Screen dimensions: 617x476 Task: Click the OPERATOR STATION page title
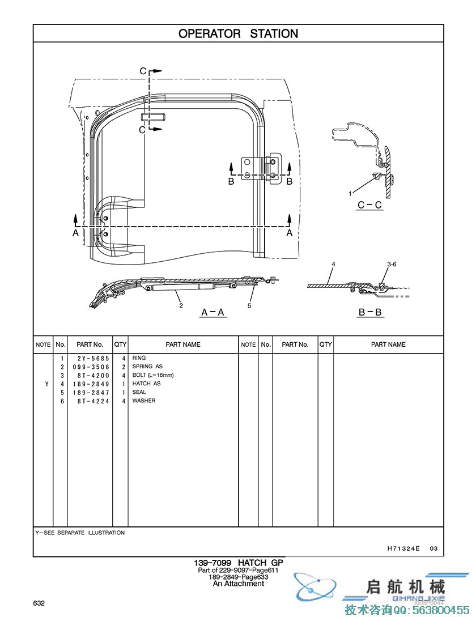point(238,34)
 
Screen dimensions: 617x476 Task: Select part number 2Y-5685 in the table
point(89,358)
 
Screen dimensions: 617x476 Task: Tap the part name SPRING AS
point(147,367)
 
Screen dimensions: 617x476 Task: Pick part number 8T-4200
point(89,375)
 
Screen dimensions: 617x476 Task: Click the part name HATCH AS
point(146,384)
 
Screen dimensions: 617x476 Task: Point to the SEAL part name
point(139,392)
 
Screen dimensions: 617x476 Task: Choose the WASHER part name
point(143,401)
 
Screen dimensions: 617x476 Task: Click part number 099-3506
point(89,367)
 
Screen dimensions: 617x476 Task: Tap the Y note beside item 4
point(46,384)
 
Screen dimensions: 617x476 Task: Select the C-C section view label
point(369,205)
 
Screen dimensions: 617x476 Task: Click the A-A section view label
point(213,312)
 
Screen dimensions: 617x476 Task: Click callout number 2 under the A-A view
point(181,306)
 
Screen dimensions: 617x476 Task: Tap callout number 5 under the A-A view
point(249,306)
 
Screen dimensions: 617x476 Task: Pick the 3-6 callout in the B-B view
point(392,265)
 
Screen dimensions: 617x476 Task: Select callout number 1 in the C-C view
point(351,194)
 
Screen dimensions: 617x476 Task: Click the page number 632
point(39,603)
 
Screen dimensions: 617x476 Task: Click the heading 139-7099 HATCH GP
point(238,563)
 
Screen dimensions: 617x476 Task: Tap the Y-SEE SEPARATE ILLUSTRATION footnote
point(80,533)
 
